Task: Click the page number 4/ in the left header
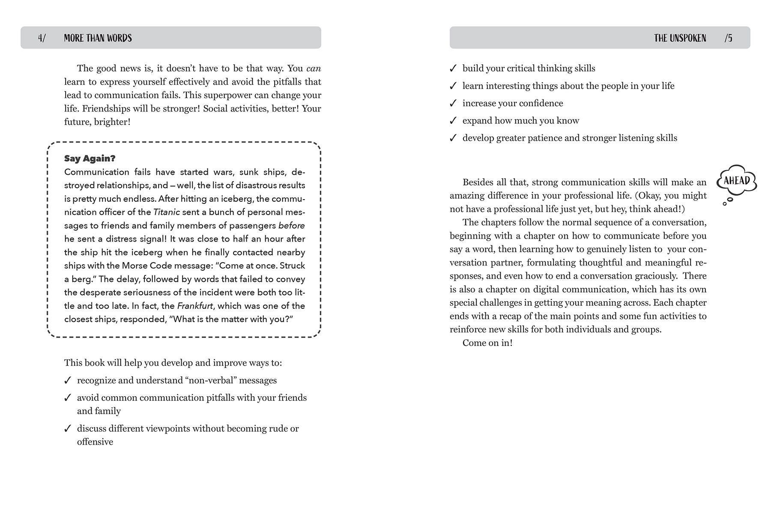42,38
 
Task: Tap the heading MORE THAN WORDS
98,38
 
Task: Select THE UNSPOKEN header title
680,38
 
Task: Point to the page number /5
728,38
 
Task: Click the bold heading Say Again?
90,158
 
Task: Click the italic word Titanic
167,212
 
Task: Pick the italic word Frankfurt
195,306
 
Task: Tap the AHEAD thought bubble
736,181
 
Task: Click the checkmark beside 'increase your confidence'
453,103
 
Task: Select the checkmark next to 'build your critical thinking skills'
453,69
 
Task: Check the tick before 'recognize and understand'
67,380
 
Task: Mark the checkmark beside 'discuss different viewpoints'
67,428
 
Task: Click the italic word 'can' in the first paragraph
314,69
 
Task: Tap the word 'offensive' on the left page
95,442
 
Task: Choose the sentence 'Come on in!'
487,343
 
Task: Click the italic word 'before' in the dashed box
291,226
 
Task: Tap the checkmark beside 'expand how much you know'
453,121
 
